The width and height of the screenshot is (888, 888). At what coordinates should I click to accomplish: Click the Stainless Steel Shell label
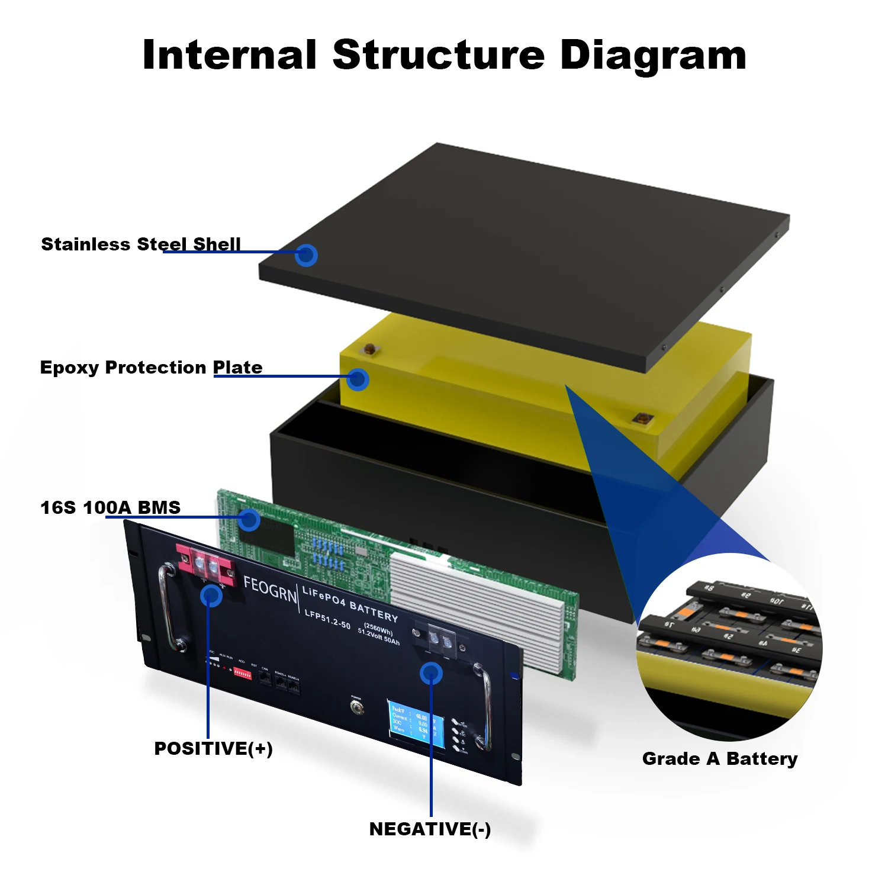coord(141,244)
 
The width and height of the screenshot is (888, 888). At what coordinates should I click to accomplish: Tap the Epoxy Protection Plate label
coord(151,368)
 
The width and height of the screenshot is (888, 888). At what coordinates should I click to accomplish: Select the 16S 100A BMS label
coord(110,507)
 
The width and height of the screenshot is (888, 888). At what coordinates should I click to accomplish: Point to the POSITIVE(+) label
coord(213,748)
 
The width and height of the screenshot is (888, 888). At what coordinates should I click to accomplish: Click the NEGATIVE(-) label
coord(430,829)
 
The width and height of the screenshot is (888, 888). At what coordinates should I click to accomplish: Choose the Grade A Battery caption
coord(720,758)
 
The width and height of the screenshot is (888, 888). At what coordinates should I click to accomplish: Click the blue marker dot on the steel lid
coord(306,255)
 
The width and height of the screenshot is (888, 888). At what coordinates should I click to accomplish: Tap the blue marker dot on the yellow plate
coord(358,379)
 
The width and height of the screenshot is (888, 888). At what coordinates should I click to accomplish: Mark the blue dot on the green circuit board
coord(249,520)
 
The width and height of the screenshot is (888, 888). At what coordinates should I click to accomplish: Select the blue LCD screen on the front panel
coord(417,725)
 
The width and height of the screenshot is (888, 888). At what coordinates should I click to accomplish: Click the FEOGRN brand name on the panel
coord(270,589)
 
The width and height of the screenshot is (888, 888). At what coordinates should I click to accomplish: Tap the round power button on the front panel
coord(356,706)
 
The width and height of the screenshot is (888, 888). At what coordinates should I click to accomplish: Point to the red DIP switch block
coord(243,673)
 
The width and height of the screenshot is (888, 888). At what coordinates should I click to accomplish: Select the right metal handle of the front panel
coord(484,707)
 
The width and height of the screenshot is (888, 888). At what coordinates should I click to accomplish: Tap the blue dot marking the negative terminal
coord(431,673)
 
